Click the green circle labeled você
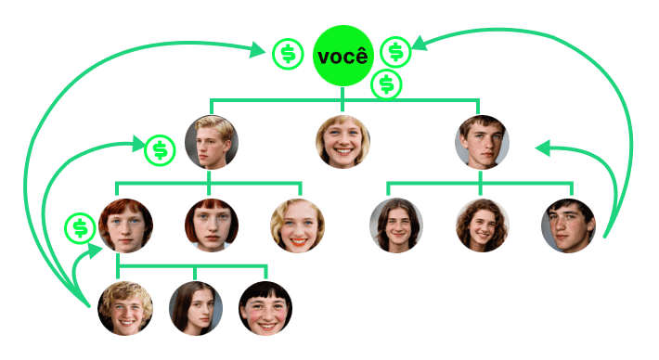(342, 56)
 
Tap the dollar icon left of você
(288, 54)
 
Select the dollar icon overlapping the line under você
(387, 84)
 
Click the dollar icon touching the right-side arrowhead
(395, 52)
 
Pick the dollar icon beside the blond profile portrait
(160, 150)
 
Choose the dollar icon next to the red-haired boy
(80, 228)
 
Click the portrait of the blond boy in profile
(212, 142)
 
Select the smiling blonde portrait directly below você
(342, 142)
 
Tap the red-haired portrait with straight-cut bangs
(212, 225)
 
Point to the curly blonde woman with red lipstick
(298, 225)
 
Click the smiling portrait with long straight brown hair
(396, 225)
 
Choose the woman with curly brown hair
(483, 225)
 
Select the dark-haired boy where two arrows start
(568, 225)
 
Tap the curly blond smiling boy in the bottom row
(125, 308)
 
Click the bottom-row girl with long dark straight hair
(196, 308)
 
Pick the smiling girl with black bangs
(265, 308)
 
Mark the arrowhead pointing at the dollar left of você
(257, 49)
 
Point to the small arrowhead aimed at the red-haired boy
(94, 250)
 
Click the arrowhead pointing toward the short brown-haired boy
(543, 148)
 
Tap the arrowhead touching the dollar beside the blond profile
(139, 144)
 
